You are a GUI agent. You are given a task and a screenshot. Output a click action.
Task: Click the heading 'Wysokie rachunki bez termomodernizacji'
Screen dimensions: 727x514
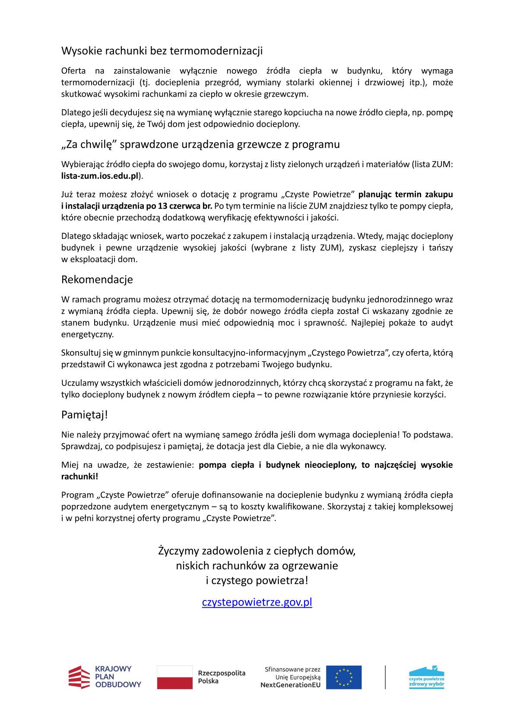(x=162, y=51)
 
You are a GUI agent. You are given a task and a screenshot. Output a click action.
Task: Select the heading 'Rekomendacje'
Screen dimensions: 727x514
(x=97, y=279)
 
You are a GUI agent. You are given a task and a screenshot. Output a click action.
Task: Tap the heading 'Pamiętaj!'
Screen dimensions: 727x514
(x=85, y=415)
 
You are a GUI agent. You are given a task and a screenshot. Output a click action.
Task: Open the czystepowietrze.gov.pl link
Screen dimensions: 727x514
(x=257, y=602)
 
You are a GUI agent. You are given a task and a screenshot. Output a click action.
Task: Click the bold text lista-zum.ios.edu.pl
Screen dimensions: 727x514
(x=100, y=176)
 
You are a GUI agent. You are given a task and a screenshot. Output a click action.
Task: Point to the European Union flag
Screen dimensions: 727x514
(x=344, y=677)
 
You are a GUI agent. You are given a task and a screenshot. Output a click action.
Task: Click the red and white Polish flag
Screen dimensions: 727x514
(x=175, y=677)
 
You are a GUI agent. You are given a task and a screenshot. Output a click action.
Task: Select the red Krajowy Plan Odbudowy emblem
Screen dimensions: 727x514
(x=79, y=677)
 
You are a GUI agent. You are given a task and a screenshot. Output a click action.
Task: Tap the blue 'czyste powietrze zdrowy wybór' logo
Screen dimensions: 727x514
(x=426, y=677)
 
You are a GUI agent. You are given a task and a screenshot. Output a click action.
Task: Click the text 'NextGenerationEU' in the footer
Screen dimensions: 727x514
(x=291, y=685)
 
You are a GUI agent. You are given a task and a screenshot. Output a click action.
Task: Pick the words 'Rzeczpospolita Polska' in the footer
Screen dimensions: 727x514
(x=222, y=677)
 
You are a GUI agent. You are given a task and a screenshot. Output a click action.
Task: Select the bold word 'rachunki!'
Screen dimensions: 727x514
(x=80, y=476)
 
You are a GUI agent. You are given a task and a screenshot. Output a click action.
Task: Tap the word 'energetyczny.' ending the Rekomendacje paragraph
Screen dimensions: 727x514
(x=88, y=334)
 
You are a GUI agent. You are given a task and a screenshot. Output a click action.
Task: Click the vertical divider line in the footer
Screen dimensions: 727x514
(x=385, y=677)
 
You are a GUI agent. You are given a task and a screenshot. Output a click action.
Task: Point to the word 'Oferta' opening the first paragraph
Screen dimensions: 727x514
(x=73, y=70)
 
